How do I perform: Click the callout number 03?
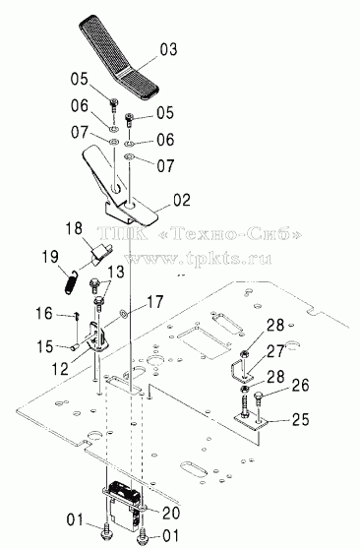(168, 49)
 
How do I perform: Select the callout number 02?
(181, 200)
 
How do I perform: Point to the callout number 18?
(74, 228)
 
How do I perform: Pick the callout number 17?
(155, 302)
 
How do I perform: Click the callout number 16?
(44, 313)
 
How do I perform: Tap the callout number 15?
(44, 346)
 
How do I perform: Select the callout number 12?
(60, 368)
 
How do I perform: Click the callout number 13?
(115, 272)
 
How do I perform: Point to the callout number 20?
(171, 513)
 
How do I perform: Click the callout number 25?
(300, 419)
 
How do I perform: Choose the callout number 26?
(300, 385)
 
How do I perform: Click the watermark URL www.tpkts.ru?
(199, 259)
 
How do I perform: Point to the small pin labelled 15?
(74, 347)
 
